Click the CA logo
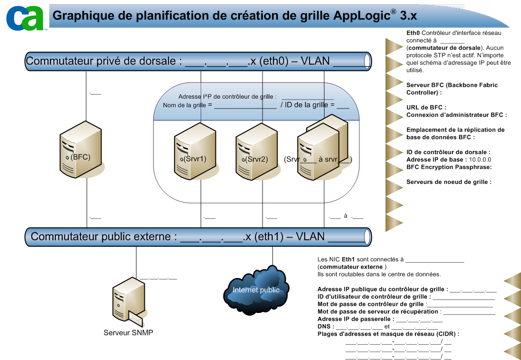(25, 18)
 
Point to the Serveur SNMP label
(128, 333)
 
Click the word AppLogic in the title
(361, 16)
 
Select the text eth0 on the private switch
(271, 61)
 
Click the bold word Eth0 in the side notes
(413, 33)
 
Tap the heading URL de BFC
(426, 108)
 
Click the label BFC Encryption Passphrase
(449, 167)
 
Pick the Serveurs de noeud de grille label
(449, 182)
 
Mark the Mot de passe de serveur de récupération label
(378, 312)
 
